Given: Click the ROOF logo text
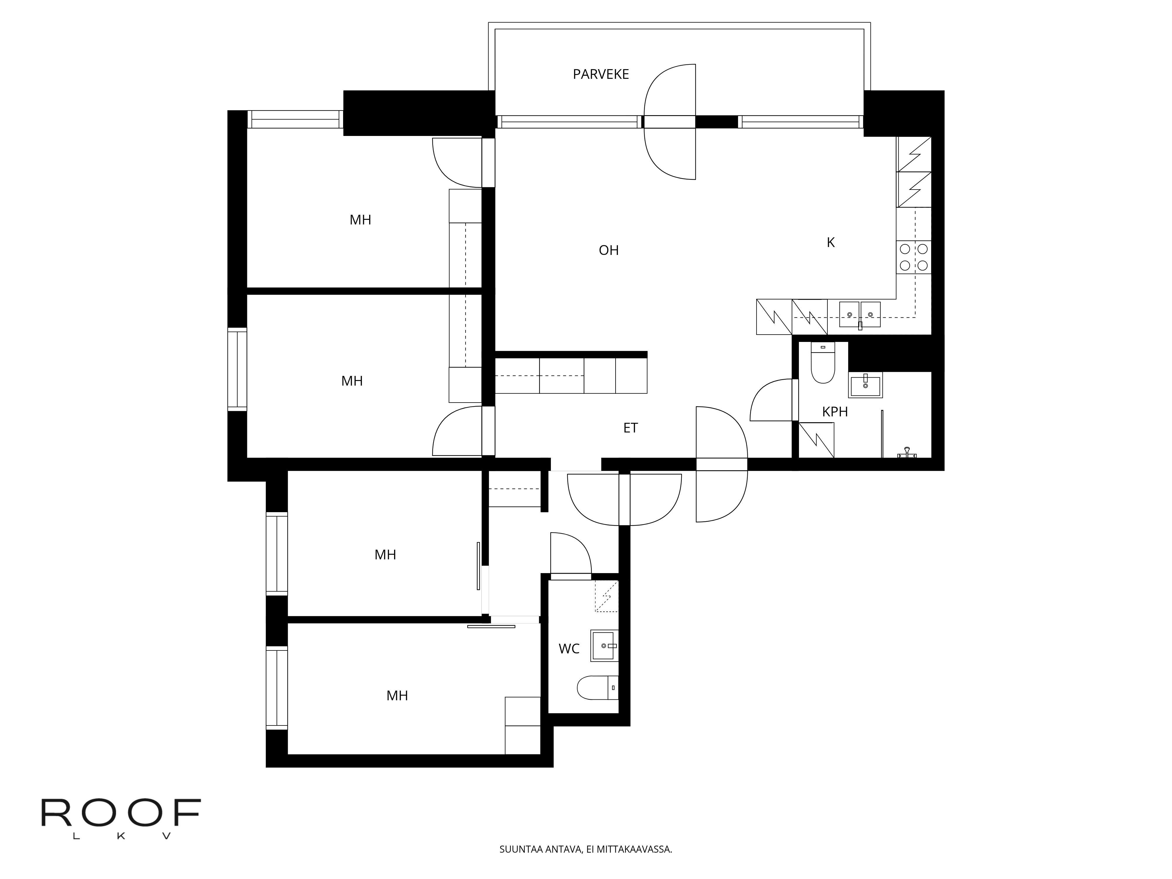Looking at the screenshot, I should (x=121, y=813).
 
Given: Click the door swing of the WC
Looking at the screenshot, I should (x=570, y=554).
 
